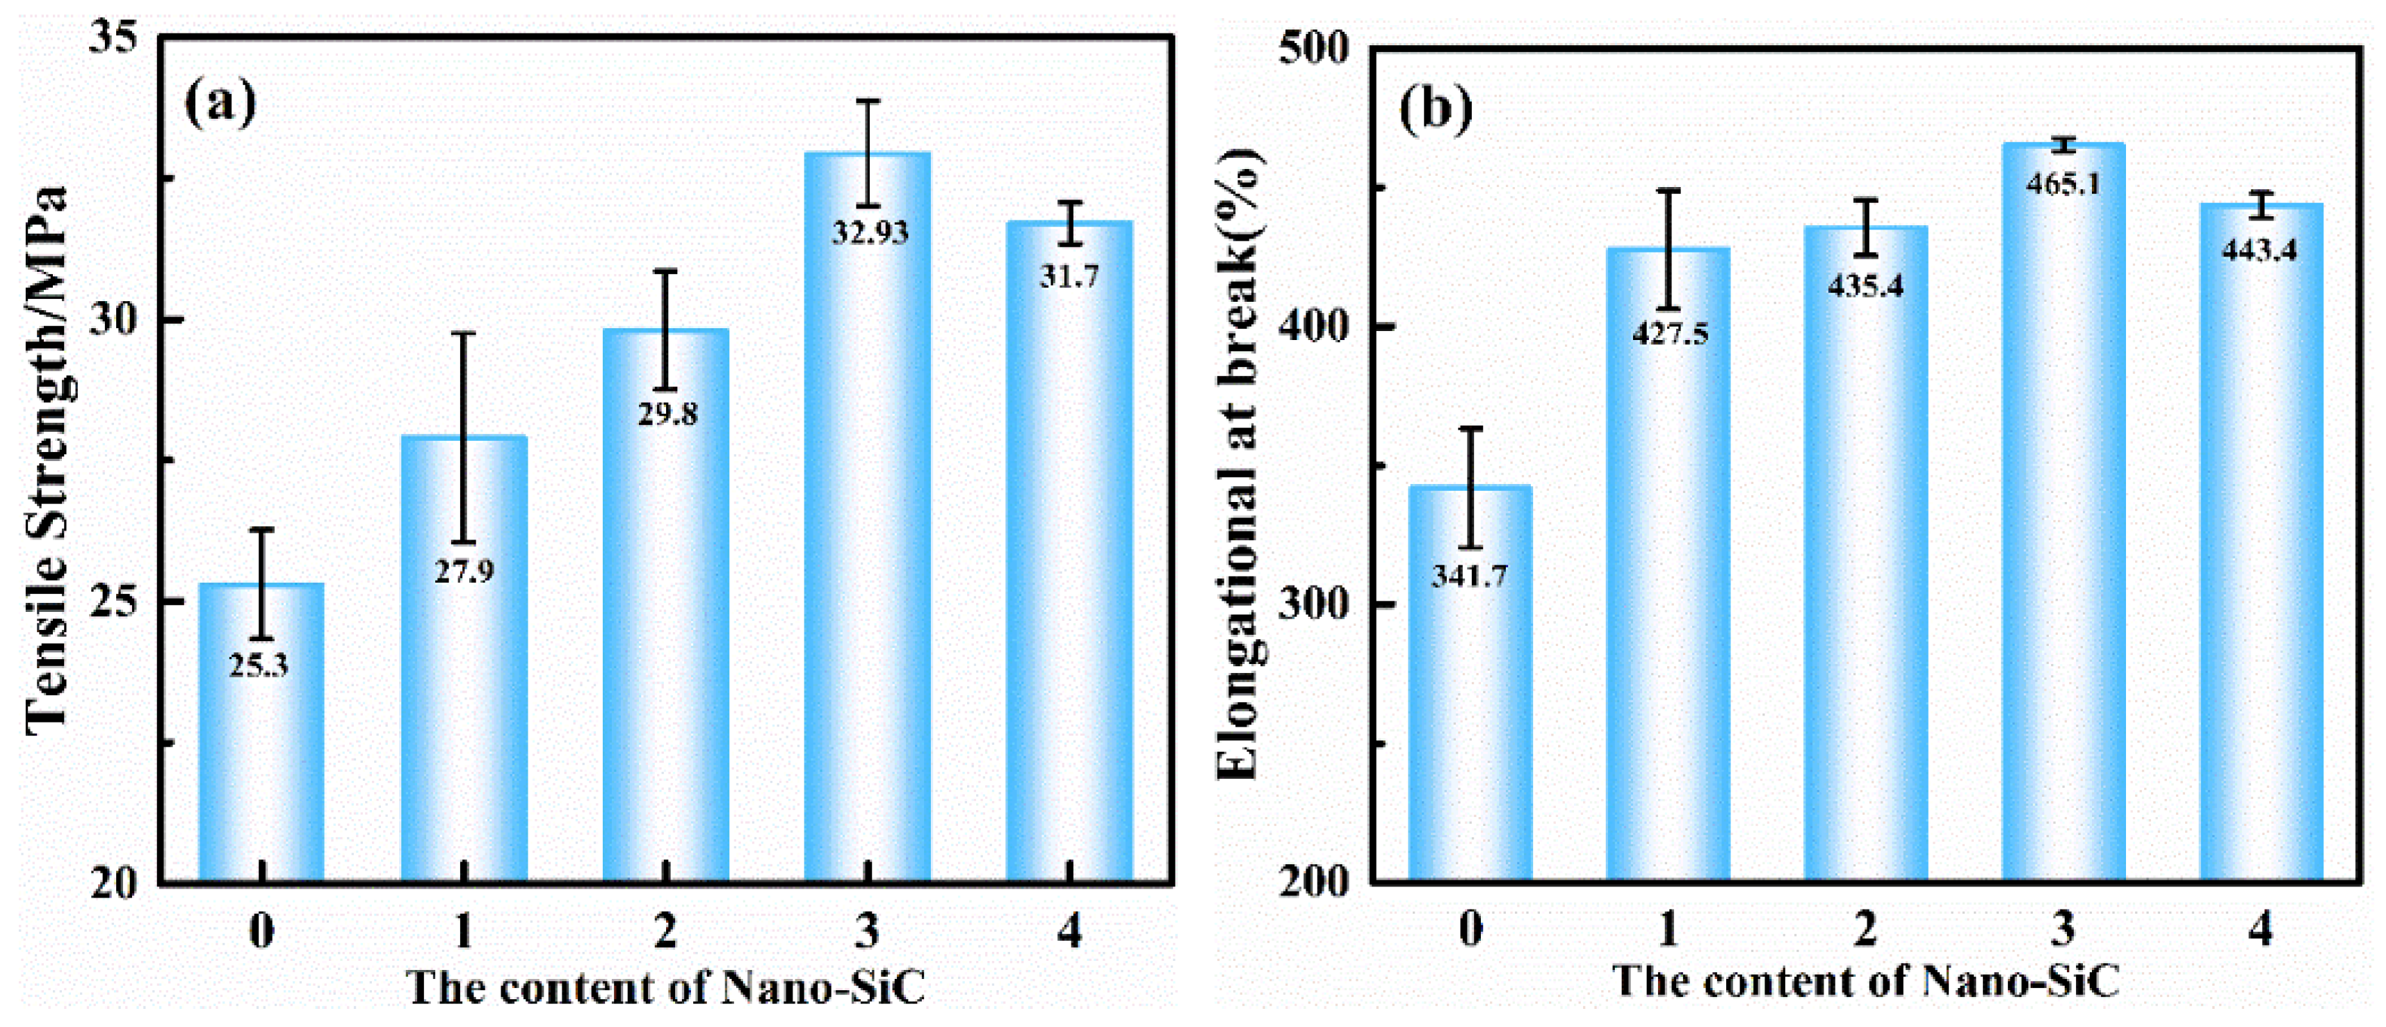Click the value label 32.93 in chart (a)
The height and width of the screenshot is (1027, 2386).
point(869,232)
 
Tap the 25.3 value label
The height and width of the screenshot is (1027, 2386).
point(259,665)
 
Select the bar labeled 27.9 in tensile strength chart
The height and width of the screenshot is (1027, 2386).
point(464,722)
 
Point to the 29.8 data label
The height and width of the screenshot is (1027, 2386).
point(667,414)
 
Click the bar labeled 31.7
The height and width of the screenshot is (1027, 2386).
point(1070,574)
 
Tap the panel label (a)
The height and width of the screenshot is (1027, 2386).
point(220,103)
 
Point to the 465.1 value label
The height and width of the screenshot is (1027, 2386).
point(2063,184)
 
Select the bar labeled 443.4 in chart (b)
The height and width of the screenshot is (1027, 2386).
point(2261,574)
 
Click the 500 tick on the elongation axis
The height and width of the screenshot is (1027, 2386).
point(1313,48)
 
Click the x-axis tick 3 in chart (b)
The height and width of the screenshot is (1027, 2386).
point(2063,927)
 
